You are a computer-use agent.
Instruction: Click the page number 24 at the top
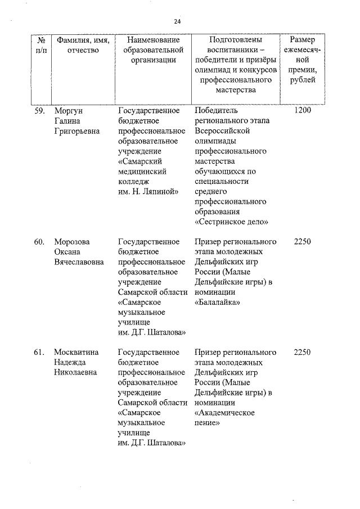pos(177,21)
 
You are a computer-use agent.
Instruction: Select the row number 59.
pos(39,110)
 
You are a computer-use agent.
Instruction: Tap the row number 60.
pos(39,242)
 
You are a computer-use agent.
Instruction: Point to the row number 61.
pos(39,352)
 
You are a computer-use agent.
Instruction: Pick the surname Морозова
pos(71,242)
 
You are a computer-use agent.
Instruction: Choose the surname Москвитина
pos(76,352)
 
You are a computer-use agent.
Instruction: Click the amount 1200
pos(302,110)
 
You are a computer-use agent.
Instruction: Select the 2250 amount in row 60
pos(302,242)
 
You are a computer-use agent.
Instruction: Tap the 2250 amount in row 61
pos(302,352)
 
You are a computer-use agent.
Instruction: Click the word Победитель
pos(216,110)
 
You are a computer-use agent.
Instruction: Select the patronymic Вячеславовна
pos(79,262)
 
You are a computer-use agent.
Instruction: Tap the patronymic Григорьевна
pos(76,130)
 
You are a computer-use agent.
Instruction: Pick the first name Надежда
pos(70,362)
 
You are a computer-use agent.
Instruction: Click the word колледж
pos(134,181)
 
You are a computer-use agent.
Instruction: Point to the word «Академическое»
pos(224,413)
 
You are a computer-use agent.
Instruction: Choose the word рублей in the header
pos(303,80)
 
